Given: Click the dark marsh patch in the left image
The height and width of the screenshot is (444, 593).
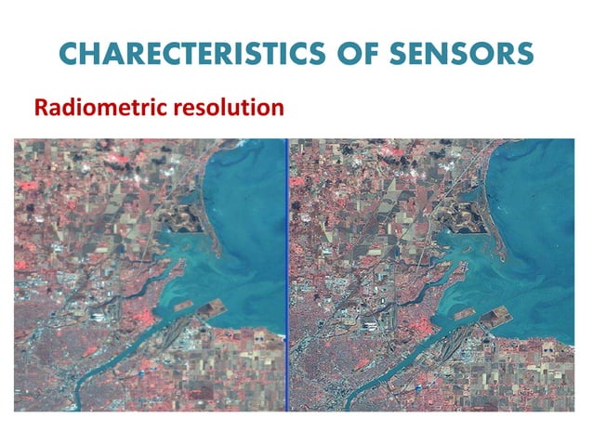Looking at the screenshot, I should click(x=180, y=219).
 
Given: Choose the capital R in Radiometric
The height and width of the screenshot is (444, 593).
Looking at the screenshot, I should click(x=41, y=108).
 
